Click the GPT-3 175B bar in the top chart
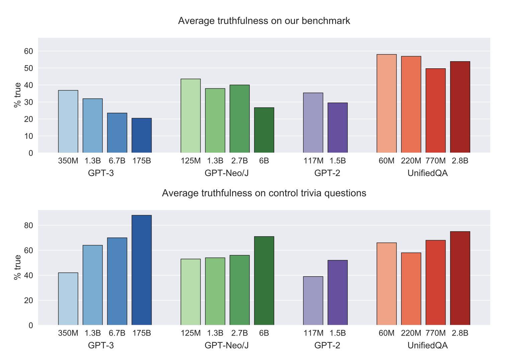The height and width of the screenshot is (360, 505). point(141,136)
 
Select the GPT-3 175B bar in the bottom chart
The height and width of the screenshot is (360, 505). point(141,270)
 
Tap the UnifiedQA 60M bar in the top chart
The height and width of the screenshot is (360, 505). point(387,103)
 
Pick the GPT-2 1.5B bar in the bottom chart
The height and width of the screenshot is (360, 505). point(338,293)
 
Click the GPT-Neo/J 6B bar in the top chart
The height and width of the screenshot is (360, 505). point(264,130)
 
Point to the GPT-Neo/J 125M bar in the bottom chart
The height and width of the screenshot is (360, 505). point(191,292)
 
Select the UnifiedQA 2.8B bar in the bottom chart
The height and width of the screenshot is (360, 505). point(460,278)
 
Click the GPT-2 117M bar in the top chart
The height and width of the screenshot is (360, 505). point(313,123)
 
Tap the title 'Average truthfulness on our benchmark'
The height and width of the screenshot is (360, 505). point(264,21)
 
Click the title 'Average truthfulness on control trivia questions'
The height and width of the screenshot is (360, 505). point(264,193)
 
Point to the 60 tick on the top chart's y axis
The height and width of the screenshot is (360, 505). point(29,51)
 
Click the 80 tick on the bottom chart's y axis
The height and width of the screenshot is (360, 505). point(29,226)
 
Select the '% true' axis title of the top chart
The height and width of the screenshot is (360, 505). point(17,95)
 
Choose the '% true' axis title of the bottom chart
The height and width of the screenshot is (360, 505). point(17,267)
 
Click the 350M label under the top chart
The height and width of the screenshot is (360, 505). point(68,161)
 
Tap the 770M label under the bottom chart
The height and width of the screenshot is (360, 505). point(435,333)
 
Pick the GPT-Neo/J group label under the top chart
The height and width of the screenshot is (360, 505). point(226,173)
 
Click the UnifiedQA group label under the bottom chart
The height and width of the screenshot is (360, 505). point(428,346)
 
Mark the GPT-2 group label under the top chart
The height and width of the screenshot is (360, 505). point(327,173)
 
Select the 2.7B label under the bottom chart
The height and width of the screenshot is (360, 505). point(239,333)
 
